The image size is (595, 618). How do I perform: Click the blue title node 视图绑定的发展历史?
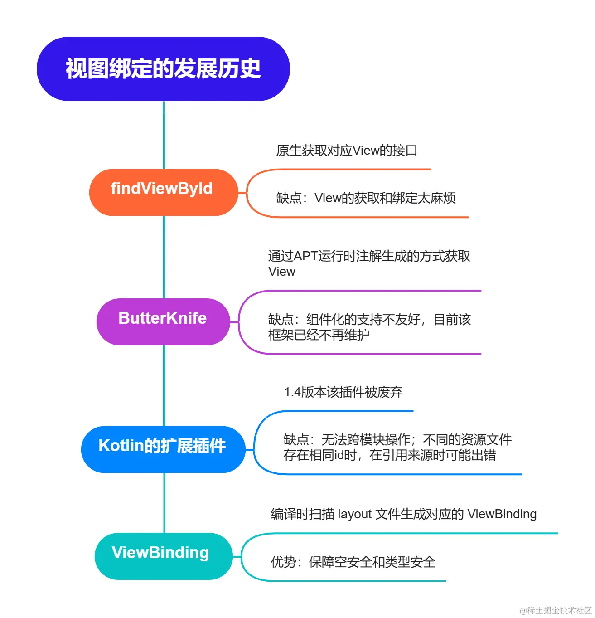[x=163, y=69]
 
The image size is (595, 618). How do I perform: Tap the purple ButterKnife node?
[x=163, y=321]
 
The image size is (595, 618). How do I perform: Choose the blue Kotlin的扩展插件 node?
[x=163, y=449]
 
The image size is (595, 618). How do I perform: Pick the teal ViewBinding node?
[x=163, y=556]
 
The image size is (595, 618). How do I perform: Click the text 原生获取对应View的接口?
[x=347, y=151]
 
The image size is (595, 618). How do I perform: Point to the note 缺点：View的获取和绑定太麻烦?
[x=366, y=198]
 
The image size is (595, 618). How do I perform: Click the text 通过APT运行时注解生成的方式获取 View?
[x=369, y=263]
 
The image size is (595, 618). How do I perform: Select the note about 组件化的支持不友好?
[x=369, y=327]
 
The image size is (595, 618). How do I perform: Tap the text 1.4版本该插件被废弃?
[x=343, y=392]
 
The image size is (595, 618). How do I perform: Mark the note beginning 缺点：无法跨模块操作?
[x=397, y=447]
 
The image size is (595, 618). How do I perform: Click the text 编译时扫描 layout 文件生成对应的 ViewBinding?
[x=403, y=514]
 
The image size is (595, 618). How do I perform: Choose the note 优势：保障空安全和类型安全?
[x=353, y=562]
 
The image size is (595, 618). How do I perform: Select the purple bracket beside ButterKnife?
[x=240, y=322]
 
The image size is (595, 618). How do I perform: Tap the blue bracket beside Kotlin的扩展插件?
[x=255, y=442]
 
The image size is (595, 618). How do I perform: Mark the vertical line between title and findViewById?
[x=164, y=135]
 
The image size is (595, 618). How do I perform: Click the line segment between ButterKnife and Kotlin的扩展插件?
[x=164, y=385]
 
